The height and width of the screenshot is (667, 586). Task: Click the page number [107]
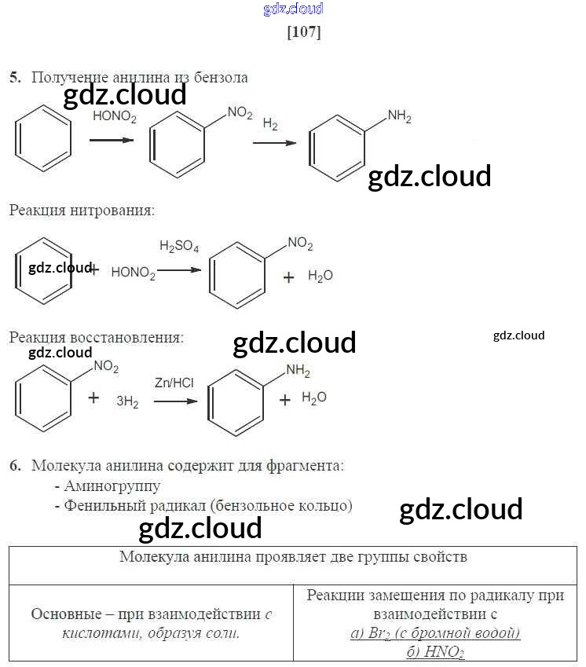tap(305, 32)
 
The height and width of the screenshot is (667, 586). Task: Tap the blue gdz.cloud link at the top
tap(294, 9)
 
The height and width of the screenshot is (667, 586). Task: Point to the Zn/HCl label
tap(174, 383)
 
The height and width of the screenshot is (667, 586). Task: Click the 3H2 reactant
tap(127, 401)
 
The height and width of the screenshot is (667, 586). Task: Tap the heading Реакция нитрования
tap(82, 210)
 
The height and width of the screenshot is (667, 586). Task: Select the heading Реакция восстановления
tap(96, 337)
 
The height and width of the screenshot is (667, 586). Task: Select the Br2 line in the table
tap(435, 633)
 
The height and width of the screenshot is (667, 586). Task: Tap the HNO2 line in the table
tap(435, 652)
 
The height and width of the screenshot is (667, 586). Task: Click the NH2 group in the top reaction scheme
tap(399, 118)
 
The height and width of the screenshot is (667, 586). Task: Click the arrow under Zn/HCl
tap(174, 401)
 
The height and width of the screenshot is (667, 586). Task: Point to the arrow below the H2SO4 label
tap(179, 269)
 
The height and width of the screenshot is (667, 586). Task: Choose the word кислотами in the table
tap(93, 633)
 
